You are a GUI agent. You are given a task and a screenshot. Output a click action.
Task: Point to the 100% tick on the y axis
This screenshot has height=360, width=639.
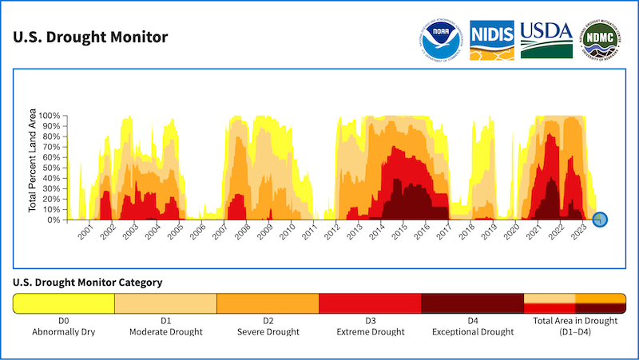point(50,116)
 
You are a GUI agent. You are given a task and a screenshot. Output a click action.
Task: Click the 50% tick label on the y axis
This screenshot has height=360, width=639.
point(52,168)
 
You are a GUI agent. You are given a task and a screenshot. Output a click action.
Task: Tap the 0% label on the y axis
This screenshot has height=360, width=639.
point(54,220)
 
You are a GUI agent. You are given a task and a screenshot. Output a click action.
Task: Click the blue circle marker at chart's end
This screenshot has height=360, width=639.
point(601,219)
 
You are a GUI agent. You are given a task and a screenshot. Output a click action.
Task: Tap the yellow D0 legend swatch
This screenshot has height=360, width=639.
point(64,303)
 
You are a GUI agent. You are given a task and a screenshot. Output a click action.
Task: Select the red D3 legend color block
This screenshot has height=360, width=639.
point(370,303)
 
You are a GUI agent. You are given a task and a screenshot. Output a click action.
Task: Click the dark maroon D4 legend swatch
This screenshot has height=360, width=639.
point(472,303)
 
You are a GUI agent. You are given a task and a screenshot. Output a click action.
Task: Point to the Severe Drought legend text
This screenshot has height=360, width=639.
point(268,331)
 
